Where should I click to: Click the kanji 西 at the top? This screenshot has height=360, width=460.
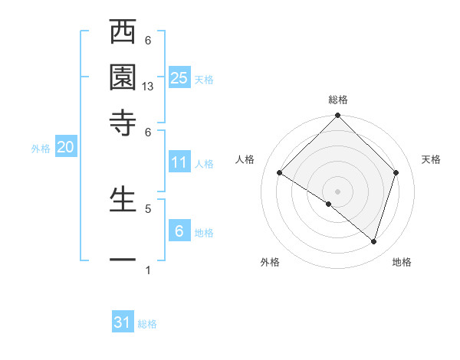coord(123,33)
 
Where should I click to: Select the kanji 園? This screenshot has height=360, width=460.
coord(123,77)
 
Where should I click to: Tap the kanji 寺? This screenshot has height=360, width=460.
coord(123,122)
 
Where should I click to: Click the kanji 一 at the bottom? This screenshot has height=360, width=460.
coord(123,260)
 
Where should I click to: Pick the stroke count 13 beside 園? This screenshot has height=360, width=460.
coord(149,87)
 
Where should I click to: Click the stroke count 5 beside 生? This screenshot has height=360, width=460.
coord(148,208)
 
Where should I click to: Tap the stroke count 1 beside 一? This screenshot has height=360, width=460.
coord(148,270)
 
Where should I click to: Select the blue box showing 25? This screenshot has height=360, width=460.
coord(179,77)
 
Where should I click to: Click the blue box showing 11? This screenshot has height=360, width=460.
coord(179,162)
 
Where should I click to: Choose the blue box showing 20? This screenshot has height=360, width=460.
coord(65,148)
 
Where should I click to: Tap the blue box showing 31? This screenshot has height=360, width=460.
coord(123,322)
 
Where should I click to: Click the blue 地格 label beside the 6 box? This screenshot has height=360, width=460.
coord(205,233)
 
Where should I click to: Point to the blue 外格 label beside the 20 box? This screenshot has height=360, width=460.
coord(41,149)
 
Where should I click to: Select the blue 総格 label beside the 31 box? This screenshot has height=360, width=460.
coord(147,324)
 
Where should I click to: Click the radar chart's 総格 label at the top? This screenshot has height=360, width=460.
coord(338,100)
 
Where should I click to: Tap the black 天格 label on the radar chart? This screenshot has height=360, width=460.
coord(432,159)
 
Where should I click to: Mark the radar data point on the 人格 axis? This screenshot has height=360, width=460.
coord(280,173)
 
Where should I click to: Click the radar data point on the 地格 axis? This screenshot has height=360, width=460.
coord(373,241)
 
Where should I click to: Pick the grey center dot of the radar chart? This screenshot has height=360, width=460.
coord(338,191)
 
